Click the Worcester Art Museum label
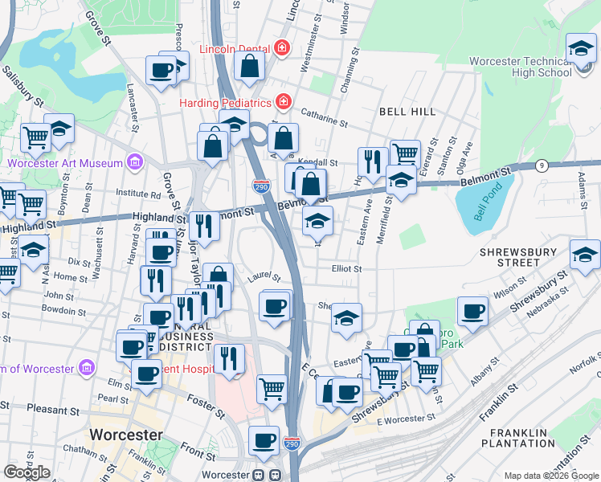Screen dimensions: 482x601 (x=64, y=163)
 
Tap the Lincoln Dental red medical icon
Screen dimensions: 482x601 (x=281, y=48)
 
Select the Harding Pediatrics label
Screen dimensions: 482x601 (x=226, y=103)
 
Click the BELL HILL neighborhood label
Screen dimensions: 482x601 (x=407, y=111)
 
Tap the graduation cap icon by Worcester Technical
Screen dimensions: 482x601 (x=580, y=50)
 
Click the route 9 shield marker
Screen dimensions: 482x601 (x=542, y=165)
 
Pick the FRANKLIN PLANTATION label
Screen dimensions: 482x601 (x=518, y=438)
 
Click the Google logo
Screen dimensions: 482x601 (x=27, y=472)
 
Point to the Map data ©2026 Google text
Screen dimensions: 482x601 (x=551, y=476)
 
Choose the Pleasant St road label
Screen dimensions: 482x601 (x=51, y=408)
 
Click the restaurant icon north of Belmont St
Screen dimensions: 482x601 (x=372, y=163)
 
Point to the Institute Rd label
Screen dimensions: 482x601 (x=137, y=194)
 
